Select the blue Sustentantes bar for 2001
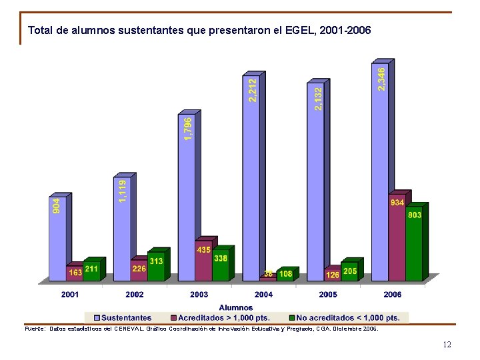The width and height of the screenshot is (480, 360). click(x=57, y=240)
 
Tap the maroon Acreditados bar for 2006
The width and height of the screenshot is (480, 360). click(x=397, y=240)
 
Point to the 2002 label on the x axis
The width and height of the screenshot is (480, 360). click(x=134, y=294)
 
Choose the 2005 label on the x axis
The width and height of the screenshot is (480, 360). click(x=328, y=294)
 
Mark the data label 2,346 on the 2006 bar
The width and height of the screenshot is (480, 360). click(x=381, y=79)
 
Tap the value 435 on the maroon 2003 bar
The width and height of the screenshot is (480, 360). click(x=203, y=249)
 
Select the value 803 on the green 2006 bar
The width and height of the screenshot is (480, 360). click(x=414, y=215)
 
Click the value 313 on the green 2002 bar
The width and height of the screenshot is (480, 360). click(x=156, y=261)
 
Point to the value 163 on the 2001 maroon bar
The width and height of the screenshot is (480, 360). click(x=75, y=272)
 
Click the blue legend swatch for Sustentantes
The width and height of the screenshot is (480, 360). click(x=97, y=318)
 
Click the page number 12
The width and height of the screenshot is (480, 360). click(x=447, y=345)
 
